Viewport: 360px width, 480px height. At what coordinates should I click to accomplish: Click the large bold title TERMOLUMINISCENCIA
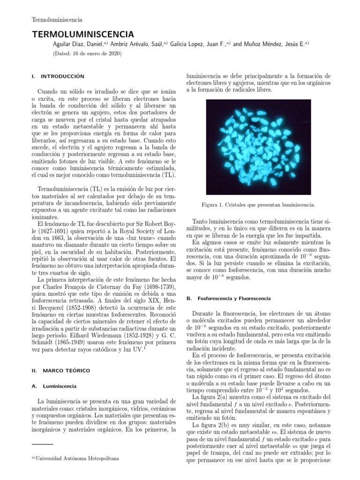coord(82,34)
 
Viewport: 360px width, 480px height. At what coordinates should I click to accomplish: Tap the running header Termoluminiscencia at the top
coord(57,20)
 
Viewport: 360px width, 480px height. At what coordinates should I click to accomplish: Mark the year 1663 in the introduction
coord(53,239)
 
